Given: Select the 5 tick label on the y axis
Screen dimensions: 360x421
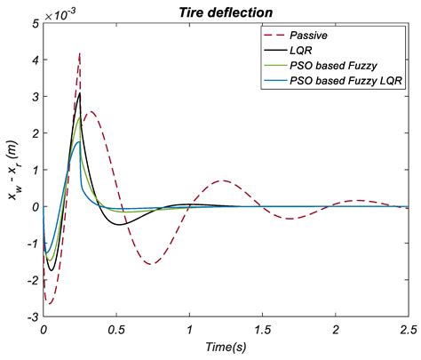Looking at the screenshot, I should [x=34, y=24].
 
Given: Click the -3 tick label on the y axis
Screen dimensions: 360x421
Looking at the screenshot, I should [x=31, y=316].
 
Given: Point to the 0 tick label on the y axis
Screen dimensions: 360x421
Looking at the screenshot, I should [x=34, y=206].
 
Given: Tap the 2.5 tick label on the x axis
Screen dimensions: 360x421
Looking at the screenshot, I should [x=408, y=330].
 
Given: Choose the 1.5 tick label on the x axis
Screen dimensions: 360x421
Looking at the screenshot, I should [x=262, y=330].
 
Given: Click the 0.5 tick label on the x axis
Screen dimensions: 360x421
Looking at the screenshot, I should [x=115, y=330].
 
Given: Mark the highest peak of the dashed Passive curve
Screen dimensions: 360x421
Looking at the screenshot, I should [x=80, y=52].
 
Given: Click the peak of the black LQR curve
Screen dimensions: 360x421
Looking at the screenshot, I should [x=80, y=92].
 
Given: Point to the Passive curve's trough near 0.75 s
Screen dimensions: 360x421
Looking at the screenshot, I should [x=152, y=263].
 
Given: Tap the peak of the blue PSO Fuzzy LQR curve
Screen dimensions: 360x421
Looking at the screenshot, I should [x=79, y=141].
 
